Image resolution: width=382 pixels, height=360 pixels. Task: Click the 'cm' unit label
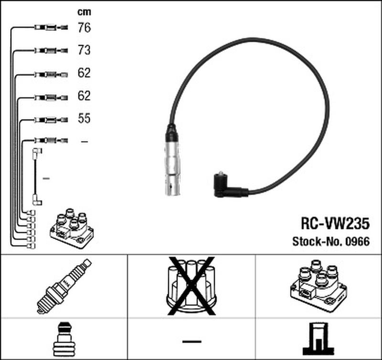click(x=84, y=12)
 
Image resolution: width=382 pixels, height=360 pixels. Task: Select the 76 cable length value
click(x=84, y=28)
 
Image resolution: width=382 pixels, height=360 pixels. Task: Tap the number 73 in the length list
click(x=84, y=51)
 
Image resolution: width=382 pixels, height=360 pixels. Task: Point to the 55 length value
click(x=84, y=119)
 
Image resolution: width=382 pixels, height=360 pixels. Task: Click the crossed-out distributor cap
click(x=191, y=286)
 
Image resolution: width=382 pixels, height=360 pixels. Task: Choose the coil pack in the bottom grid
click(x=318, y=285)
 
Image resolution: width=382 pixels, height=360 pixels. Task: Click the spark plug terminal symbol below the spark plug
click(x=64, y=339)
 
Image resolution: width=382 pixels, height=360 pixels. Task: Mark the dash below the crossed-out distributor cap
click(x=191, y=341)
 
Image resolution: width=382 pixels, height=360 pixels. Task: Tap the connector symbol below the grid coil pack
click(x=318, y=339)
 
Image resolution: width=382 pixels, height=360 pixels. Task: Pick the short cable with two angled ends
click(x=36, y=177)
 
